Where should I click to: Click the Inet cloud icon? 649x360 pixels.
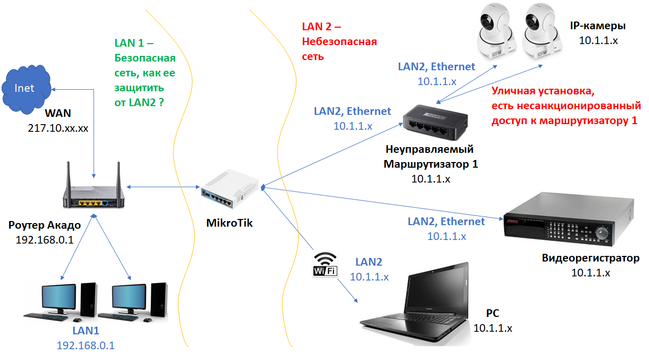[x=26, y=88]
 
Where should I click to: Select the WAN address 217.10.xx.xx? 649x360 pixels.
[x=58, y=128]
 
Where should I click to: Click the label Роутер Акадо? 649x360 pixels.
[x=45, y=226]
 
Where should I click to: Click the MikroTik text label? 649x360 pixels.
[x=229, y=223]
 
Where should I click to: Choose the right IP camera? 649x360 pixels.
[x=541, y=32]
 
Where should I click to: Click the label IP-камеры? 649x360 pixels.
[x=598, y=26]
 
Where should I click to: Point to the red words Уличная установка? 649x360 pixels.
[x=542, y=92]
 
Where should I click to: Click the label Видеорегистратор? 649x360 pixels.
[x=591, y=258]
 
